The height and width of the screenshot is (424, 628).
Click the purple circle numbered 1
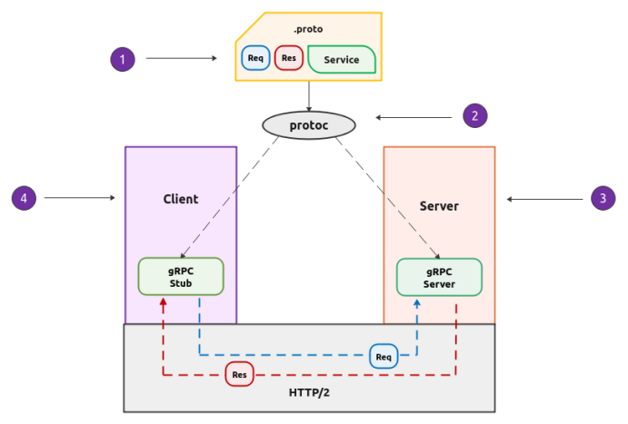[123, 60]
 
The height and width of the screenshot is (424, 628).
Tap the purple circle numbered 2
[474, 116]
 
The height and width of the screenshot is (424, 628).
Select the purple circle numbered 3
[603, 199]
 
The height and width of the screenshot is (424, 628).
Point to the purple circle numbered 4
[24, 197]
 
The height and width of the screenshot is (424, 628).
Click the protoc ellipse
[308, 125]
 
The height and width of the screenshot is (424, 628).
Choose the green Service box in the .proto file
[342, 60]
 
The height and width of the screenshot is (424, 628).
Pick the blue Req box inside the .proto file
[255, 59]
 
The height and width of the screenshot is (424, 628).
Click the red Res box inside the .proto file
[289, 59]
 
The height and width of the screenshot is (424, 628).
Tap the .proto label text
[309, 28]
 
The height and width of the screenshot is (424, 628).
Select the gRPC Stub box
[181, 276]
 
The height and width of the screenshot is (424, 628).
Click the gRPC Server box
[439, 276]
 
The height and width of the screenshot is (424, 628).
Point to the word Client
[181, 199]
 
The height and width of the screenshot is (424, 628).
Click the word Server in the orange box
[439, 206]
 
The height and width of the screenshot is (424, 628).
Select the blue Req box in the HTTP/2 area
[384, 357]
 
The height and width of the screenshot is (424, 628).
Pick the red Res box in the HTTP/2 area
[239, 374]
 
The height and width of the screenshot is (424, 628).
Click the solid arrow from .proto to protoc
[309, 95]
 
